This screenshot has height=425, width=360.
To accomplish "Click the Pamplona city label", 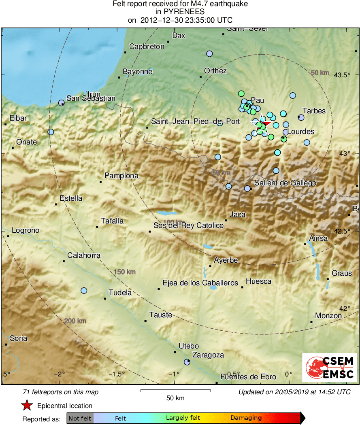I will point(121,176).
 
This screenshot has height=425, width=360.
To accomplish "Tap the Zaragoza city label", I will point(208,355).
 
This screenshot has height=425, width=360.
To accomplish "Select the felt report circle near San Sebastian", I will point(61,103).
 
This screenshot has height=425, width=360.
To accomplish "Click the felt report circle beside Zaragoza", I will point(187,362).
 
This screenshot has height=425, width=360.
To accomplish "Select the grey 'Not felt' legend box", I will point(80,418).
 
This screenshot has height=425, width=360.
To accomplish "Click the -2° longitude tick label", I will point(60,374).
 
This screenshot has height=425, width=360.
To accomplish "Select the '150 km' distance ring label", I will point(124,272).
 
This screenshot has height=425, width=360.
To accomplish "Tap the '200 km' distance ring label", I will point(75,321).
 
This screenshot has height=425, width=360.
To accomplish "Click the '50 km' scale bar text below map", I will point(175,398).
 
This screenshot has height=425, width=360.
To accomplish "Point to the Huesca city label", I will point(258,281).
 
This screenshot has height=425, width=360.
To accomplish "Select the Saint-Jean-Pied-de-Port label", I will point(195,121).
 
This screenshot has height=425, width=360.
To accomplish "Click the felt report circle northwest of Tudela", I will point(84,291).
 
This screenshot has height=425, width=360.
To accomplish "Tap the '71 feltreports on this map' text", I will point(61,392).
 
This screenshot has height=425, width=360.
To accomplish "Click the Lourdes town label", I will point(300,132).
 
